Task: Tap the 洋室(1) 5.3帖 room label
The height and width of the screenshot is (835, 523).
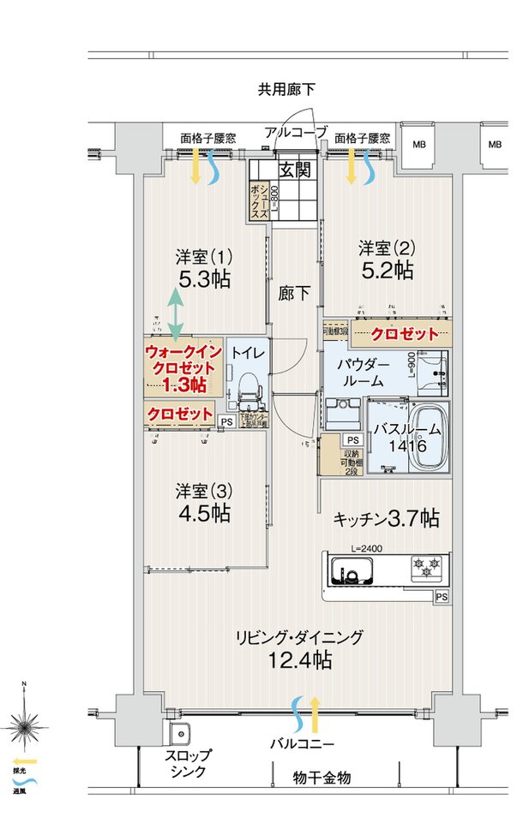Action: [204, 268]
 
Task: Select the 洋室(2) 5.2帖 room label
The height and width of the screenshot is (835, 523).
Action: [386, 259]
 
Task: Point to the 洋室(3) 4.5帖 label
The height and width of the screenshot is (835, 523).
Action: [204, 503]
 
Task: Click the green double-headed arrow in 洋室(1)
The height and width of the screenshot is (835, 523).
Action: [174, 312]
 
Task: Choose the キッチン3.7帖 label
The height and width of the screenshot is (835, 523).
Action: [386, 518]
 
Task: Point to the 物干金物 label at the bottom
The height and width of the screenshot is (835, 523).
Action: [322, 778]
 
